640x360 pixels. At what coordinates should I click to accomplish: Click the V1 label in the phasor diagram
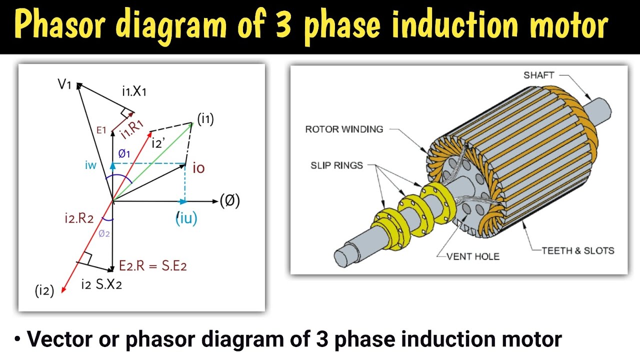[65, 84]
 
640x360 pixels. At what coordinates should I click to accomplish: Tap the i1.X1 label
[134, 91]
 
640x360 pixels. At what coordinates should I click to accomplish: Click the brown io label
[198, 168]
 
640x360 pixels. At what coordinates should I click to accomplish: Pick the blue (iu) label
[186, 218]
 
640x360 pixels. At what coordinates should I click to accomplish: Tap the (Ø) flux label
[230, 201]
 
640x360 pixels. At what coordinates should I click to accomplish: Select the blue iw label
[90, 165]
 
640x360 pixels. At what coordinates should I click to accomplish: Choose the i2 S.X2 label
[101, 285]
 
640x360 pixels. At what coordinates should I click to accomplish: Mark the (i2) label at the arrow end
[44, 291]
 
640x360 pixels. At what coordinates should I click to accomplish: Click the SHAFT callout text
[539, 75]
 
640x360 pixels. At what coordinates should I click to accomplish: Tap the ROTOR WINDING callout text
[344, 129]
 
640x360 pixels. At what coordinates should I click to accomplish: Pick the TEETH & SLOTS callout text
[578, 250]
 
